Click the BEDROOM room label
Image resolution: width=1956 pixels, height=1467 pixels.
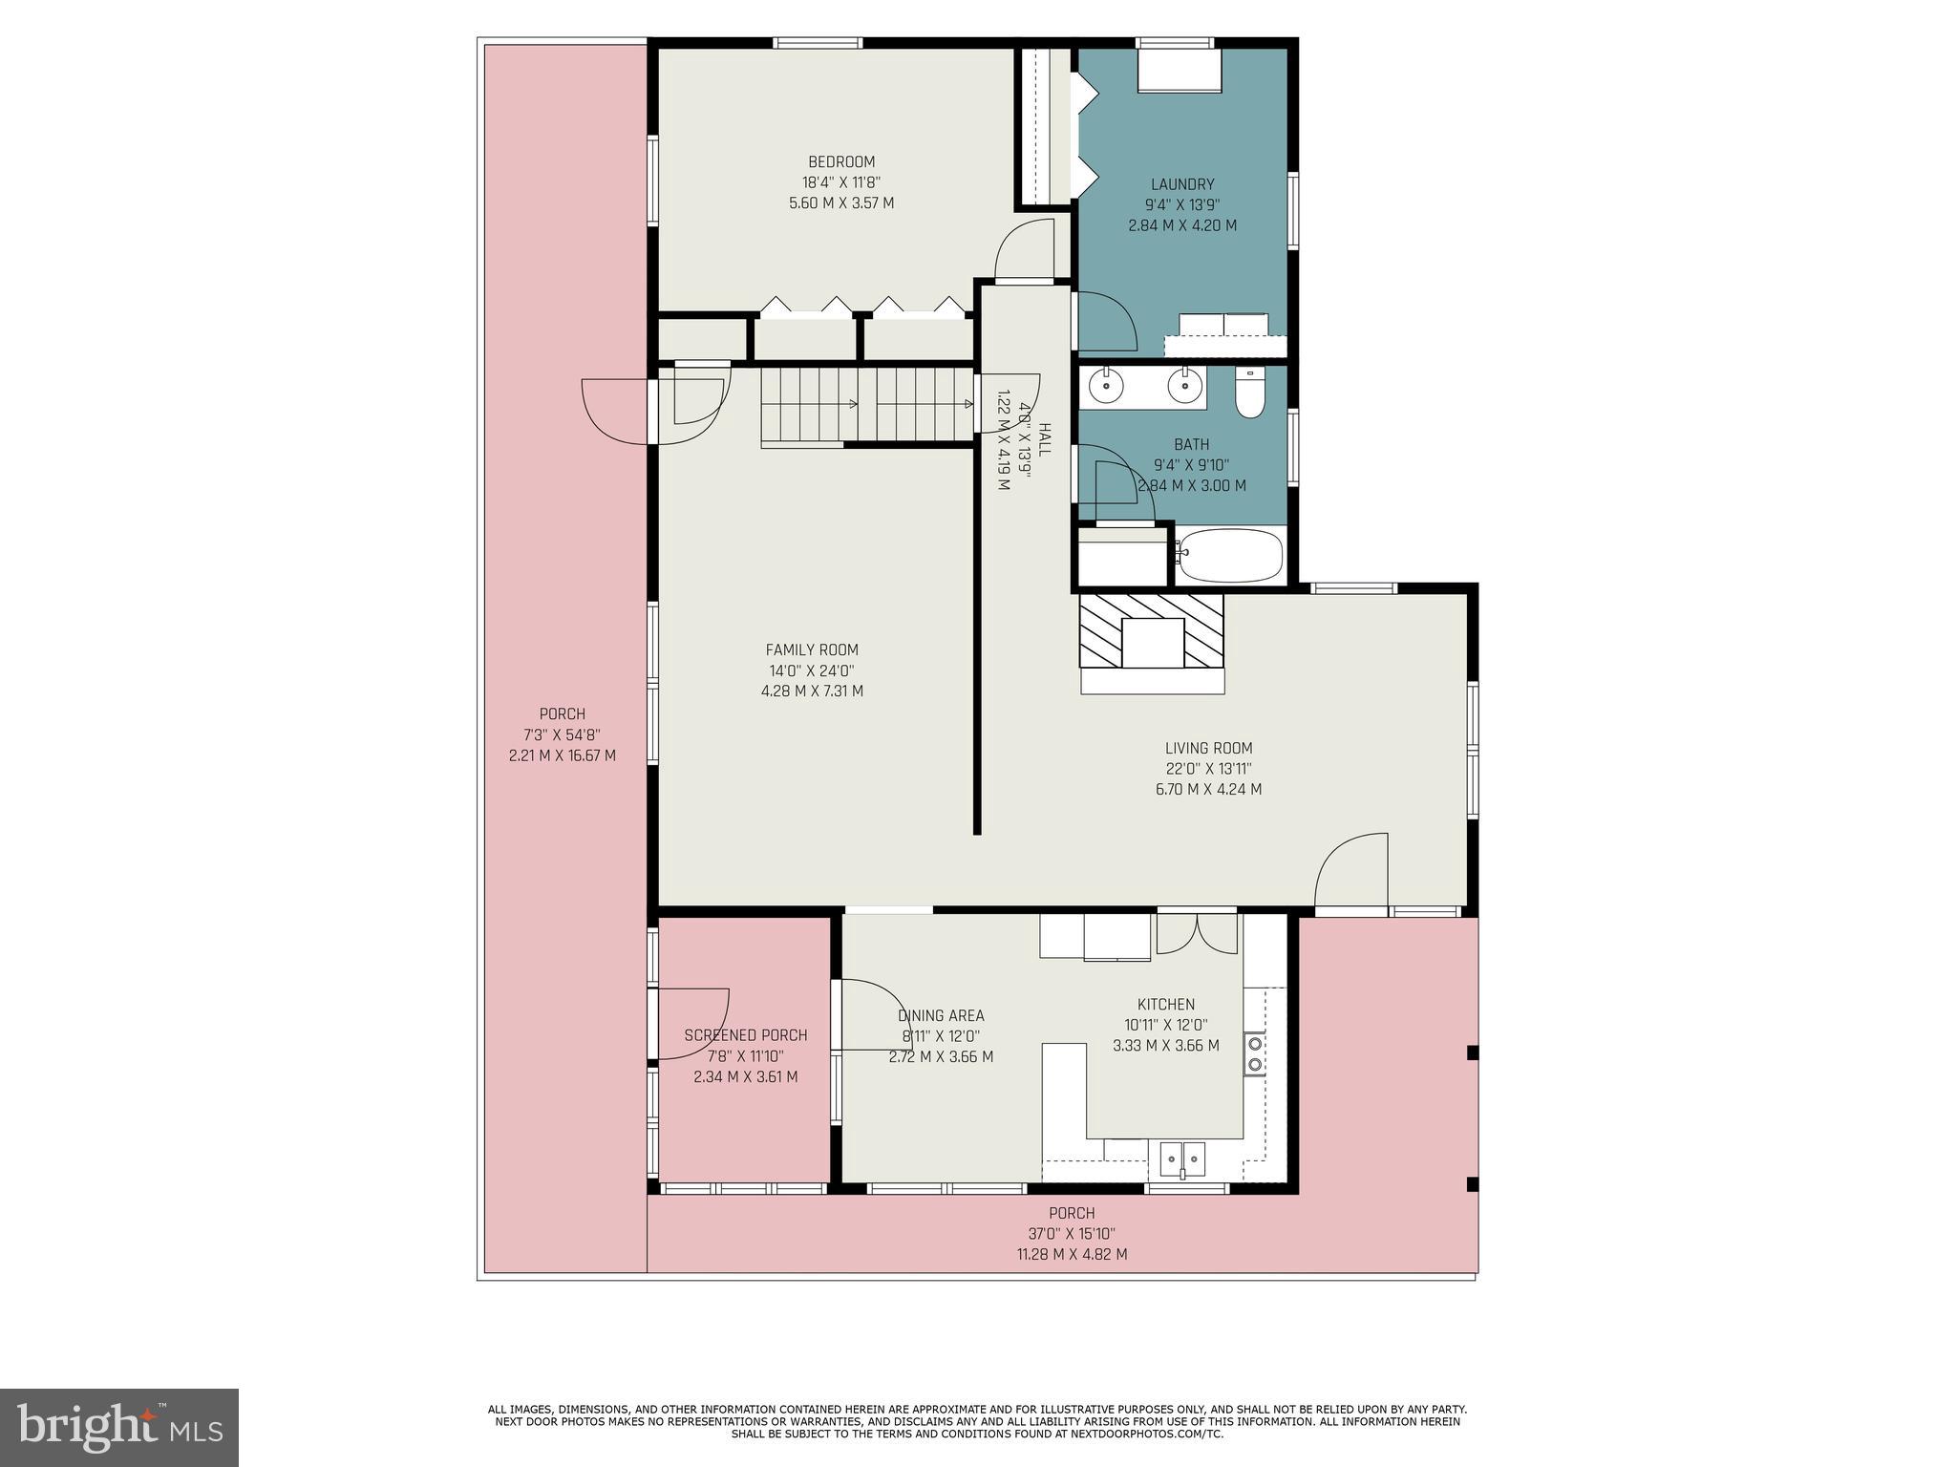tap(840, 162)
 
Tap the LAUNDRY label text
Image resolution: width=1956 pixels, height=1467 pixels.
tap(1182, 185)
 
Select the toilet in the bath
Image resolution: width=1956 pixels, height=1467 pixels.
tap(1249, 394)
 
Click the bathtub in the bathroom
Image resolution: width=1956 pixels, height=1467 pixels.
tap(1228, 554)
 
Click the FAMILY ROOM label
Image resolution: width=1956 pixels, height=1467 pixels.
tap(812, 650)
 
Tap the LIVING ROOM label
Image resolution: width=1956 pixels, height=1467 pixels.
tap(1208, 749)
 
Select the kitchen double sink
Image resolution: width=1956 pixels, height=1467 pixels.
tap(1182, 1159)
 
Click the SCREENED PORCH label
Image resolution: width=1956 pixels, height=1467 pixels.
tap(745, 1035)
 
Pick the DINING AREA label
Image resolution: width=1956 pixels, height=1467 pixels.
tap(941, 1016)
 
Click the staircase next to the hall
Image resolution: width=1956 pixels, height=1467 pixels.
tap(865, 406)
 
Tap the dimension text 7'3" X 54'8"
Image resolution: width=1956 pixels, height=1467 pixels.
tap(562, 735)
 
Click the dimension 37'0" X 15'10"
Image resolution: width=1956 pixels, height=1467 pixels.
tap(1072, 1234)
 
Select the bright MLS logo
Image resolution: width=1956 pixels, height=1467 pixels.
tap(119, 1427)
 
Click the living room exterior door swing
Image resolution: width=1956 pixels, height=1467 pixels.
tap(1350, 869)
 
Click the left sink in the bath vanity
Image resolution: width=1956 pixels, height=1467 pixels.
tap(1106, 387)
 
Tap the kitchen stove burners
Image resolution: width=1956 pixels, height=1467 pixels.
tap(1255, 1054)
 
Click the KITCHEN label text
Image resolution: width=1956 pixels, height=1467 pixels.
tap(1165, 1005)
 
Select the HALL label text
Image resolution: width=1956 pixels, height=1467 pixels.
tap(1044, 439)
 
